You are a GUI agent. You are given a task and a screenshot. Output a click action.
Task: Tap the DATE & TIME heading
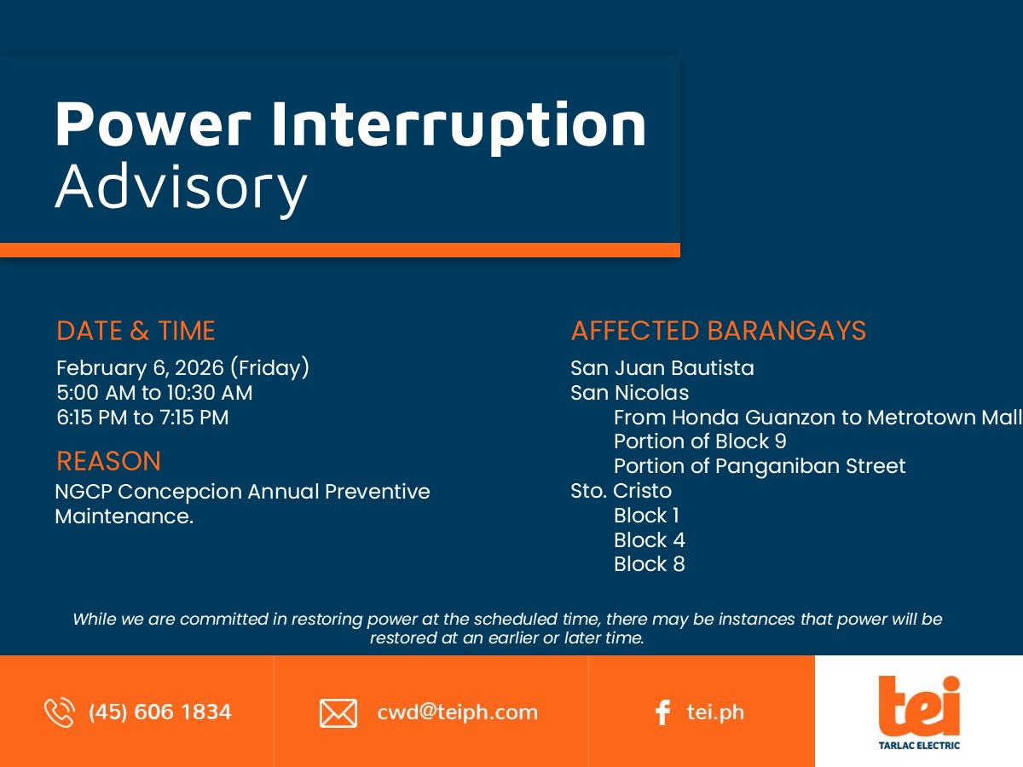[136, 331]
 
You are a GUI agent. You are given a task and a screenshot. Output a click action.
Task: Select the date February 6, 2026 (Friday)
[182, 368]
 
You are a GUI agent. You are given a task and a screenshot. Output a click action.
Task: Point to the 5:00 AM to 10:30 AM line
[154, 393]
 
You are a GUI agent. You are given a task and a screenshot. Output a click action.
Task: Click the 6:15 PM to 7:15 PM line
[142, 418]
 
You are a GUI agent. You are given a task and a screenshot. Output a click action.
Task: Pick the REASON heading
[108, 461]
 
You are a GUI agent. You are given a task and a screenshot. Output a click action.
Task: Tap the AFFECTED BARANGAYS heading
[718, 331]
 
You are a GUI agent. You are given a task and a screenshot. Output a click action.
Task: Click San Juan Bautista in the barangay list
[662, 368]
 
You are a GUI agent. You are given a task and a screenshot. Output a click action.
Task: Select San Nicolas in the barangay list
[630, 393]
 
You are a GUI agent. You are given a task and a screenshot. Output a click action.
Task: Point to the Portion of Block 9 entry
[700, 441]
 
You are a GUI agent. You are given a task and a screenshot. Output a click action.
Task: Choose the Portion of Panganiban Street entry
[760, 465]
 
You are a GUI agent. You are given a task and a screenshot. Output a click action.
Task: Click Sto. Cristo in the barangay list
[621, 490]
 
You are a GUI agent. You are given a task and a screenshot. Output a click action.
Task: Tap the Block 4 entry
[650, 540]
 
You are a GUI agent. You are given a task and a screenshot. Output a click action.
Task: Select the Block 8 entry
[650, 564]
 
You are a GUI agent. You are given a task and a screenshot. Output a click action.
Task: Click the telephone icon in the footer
[59, 712]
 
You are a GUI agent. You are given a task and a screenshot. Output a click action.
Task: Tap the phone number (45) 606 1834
[160, 712]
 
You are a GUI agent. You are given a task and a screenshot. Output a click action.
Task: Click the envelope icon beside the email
[338, 713]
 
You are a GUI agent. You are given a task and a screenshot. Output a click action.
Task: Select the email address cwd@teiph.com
[457, 712]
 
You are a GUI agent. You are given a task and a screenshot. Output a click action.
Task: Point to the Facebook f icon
[662, 713]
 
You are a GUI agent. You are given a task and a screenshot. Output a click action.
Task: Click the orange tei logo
[919, 706]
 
